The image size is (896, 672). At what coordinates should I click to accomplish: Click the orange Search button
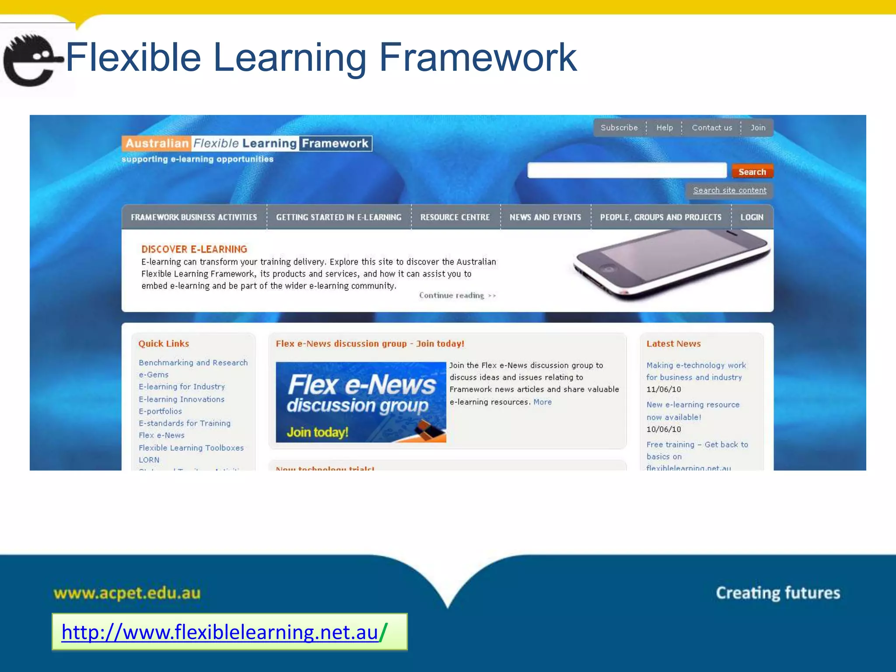tap(752, 172)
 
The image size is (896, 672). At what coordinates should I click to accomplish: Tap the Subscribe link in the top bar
tap(619, 128)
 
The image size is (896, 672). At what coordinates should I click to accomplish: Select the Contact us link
tap(711, 128)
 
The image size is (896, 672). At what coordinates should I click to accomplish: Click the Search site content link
tap(729, 190)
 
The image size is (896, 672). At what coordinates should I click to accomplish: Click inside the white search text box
tap(626, 170)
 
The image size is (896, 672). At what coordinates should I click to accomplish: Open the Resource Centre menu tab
tap(455, 217)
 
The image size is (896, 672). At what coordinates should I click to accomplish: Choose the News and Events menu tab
tap(545, 217)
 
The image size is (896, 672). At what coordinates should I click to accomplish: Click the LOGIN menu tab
tap(752, 217)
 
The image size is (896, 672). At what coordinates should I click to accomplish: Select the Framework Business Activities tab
tap(194, 217)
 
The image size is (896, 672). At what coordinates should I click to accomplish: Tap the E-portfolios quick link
tap(160, 411)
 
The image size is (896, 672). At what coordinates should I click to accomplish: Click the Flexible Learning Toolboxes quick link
tap(191, 448)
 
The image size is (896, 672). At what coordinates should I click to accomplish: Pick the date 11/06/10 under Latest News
tap(664, 389)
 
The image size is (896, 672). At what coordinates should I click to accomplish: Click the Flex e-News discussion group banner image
tap(361, 402)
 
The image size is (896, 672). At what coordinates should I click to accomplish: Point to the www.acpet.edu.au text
tap(127, 593)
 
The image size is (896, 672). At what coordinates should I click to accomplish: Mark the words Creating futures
tap(778, 593)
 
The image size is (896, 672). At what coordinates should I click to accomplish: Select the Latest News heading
tap(673, 344)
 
